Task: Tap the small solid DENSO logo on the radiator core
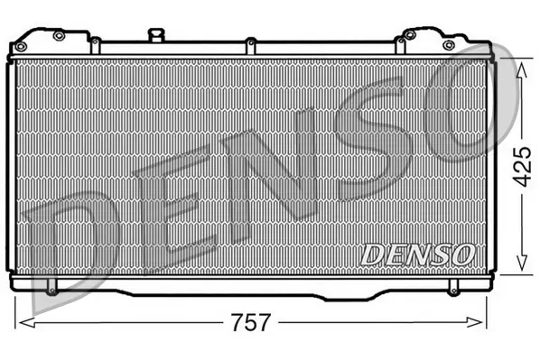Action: (x=417, y=254)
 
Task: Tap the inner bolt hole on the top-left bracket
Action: (x=59, y=36)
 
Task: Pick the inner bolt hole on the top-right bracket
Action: (x=409, y=35)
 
